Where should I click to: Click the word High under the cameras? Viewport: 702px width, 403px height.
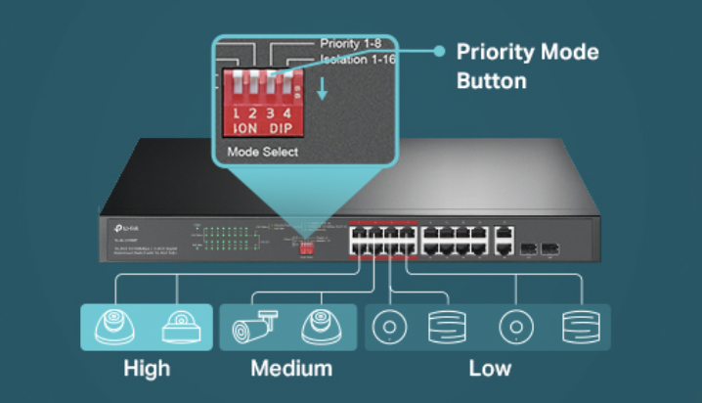[x=147, y=369]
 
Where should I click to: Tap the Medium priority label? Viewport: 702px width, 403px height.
[x=290, y=369]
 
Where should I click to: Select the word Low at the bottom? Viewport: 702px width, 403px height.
[x=489, y=369]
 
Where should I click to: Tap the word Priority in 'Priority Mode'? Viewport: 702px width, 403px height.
[x=497, y=52]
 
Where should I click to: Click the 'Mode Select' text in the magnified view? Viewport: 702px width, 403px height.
[x=262, y=153]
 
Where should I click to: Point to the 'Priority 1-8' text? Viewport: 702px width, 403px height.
[x=352, y=44]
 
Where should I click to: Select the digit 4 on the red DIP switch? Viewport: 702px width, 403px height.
[x=286, y=114]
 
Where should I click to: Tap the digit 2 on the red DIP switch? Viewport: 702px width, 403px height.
[x=253, y=114]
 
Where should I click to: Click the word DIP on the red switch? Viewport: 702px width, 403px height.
[x=282, y=129]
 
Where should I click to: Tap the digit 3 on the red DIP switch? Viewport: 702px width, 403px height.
[x=269, y=114]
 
